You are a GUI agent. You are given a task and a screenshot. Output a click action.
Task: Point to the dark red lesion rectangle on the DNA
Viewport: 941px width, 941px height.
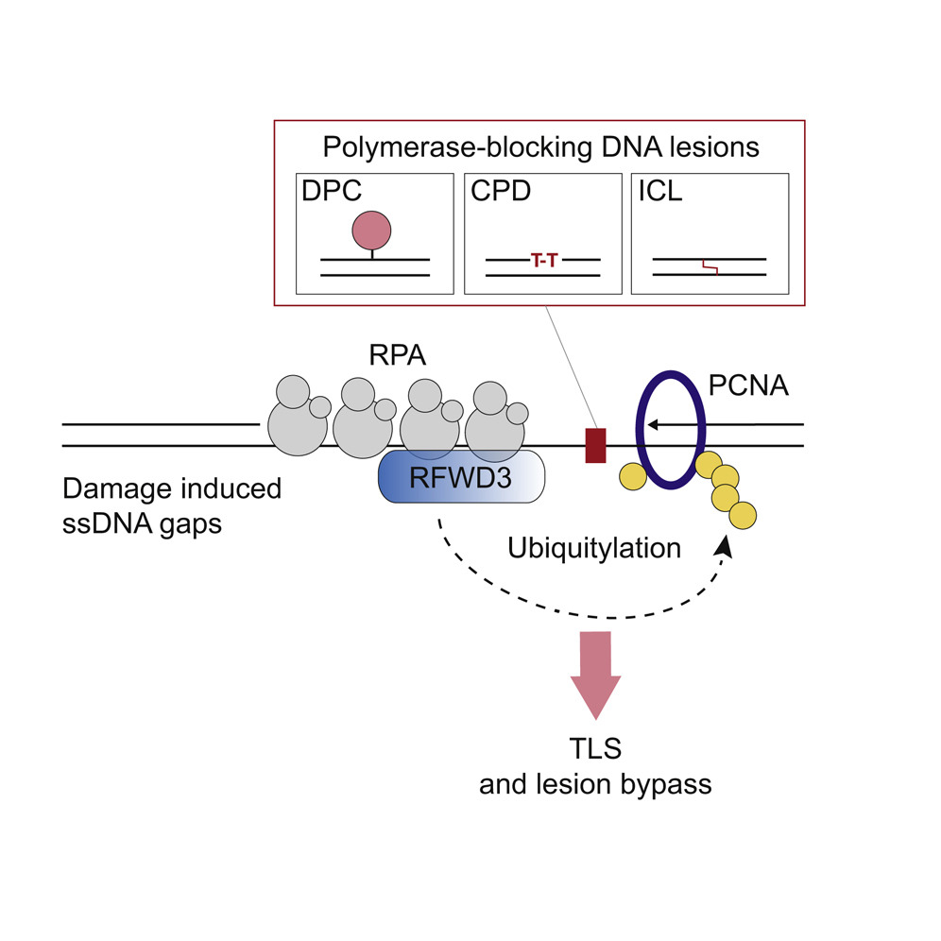pos(594,445)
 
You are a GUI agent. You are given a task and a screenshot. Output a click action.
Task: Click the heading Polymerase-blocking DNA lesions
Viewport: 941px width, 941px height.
pos(541,147)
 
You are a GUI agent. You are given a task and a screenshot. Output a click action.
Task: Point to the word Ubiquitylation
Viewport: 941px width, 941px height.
pos(594,548)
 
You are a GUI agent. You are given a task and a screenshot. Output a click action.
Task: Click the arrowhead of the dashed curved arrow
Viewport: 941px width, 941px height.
pos(727,549)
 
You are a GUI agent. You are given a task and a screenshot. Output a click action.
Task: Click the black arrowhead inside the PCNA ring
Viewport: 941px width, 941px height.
pos(657,426)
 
